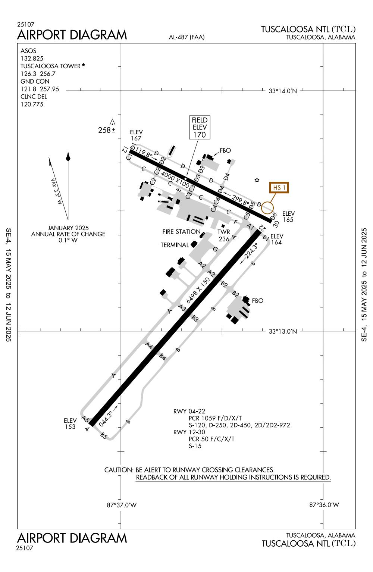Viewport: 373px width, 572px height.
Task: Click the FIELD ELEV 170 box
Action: tap(200, 127)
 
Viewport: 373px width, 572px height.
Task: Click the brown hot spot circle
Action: tap(267, 207)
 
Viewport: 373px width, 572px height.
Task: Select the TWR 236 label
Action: tap(224, 235)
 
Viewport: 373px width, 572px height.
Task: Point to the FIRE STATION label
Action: tap(181, 232)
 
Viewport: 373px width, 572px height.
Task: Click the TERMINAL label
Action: tap(175, 245)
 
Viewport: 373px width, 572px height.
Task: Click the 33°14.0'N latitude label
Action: tap(283, 91)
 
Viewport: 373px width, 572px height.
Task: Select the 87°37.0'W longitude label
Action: tap(122, 505)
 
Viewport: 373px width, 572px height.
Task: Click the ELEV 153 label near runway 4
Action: tap(70, 423)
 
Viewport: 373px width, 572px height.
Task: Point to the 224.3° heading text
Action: tap(250, 253)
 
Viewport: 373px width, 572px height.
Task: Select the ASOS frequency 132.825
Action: tap(32, 59)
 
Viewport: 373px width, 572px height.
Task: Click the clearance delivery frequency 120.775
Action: tap(32, 104)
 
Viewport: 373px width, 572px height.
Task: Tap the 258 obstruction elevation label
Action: tap(105, 130)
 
